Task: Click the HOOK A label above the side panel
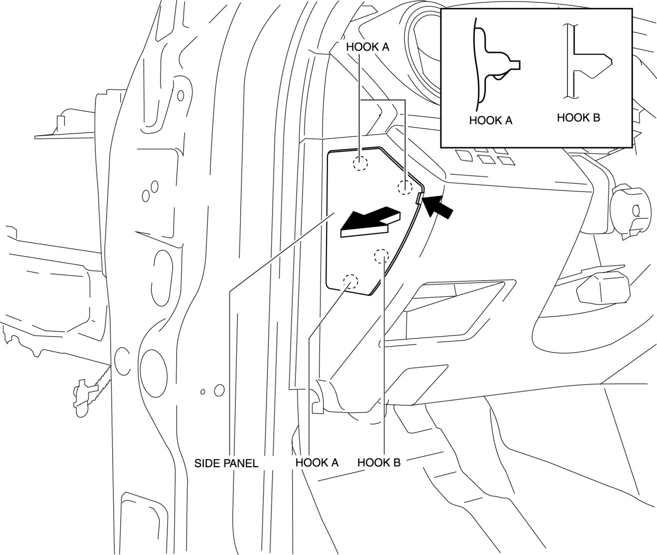point(367,47)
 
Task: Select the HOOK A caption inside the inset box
point(491,120)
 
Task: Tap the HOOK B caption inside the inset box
point(578,118)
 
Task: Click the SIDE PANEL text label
point(226,463)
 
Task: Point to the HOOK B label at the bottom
point(379,462)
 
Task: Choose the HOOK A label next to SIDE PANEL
point(317,462)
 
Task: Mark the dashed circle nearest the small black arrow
point(404,187)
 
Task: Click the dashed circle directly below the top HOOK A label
point(360,163)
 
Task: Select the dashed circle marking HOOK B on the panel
point(381,256)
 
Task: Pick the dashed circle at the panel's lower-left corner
point(350,282)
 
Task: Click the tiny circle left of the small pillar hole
point(203,391)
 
